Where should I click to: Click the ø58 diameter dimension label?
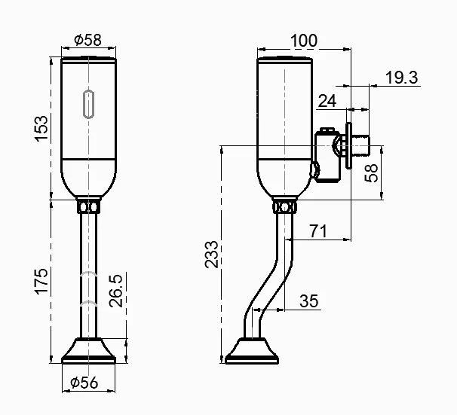88,41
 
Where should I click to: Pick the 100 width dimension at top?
303,39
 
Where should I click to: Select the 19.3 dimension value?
401,77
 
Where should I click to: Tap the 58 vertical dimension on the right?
371,172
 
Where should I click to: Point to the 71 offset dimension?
317,230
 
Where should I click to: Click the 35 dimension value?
308,301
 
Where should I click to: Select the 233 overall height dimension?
212,255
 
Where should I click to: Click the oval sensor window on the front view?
89,105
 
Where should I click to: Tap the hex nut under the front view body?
89,206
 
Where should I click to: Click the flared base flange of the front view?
89,350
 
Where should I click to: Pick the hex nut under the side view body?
284,206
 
